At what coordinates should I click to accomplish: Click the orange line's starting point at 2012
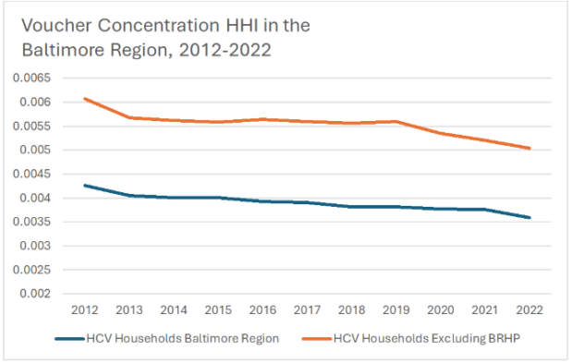click(84, 99)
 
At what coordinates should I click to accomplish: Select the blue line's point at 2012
click(84, 186)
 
